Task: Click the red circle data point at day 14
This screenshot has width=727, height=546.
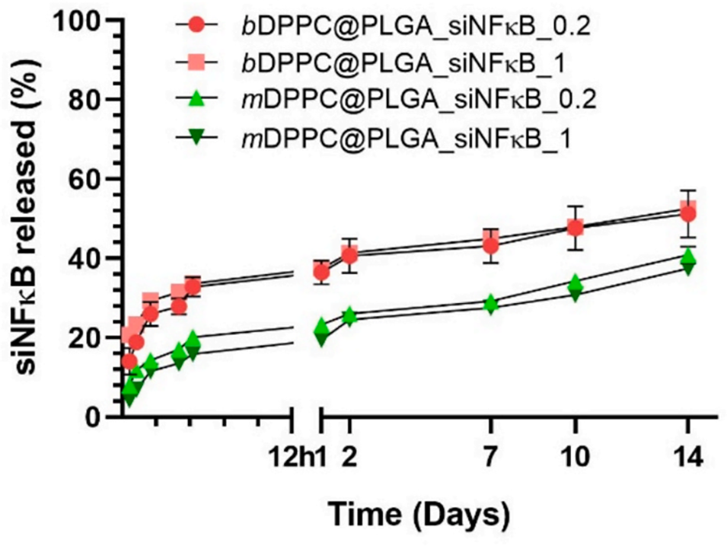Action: (687, 214)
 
